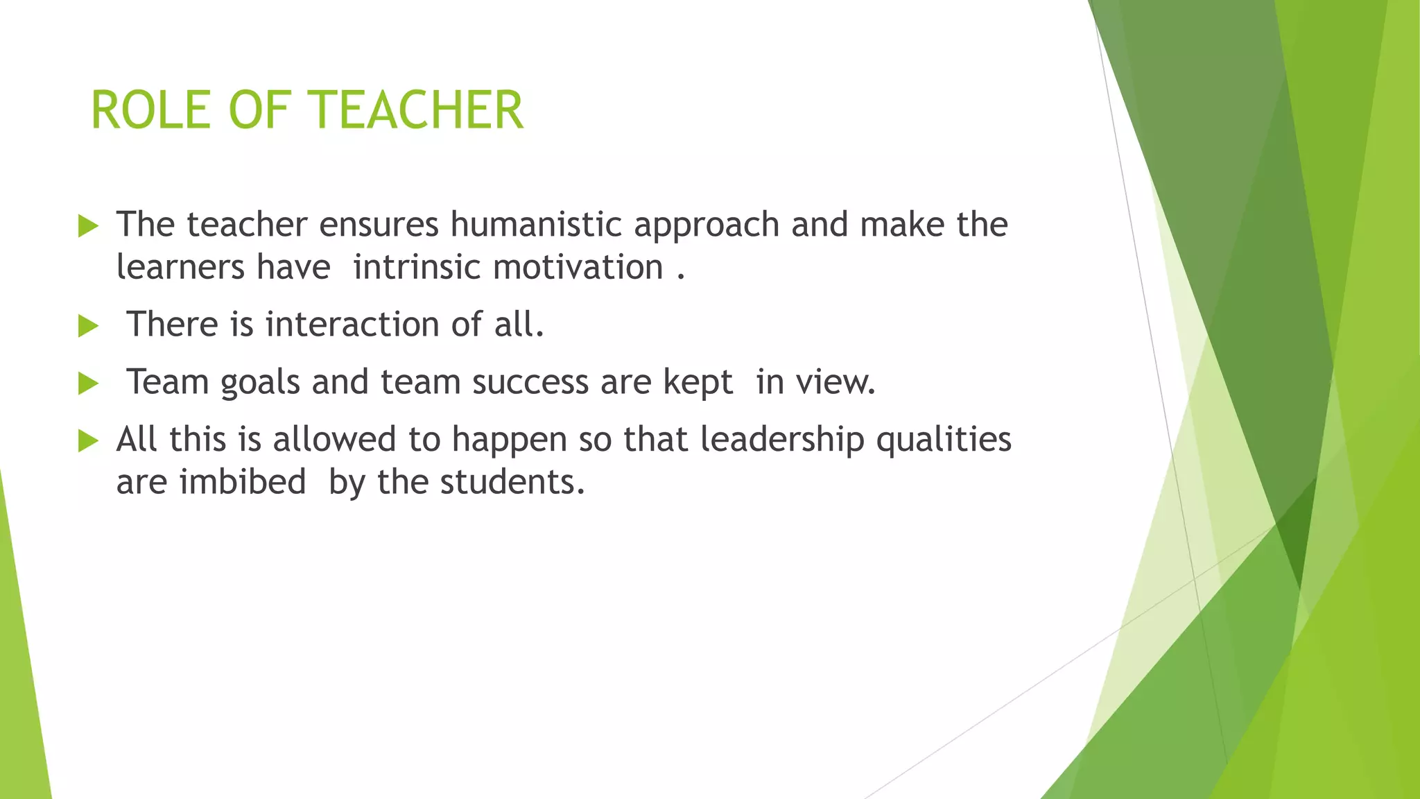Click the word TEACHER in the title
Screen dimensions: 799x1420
pos(415,111)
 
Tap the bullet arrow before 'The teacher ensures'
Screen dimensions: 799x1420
pos(88,226)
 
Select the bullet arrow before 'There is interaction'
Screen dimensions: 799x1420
pos(88,326)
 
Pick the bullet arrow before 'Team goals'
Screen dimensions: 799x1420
pos(88,384)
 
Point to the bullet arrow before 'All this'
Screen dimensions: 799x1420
pos(88,440)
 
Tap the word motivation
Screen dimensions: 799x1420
pos(578,268)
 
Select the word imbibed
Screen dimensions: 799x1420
pos(243,482)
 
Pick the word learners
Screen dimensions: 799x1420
pos(180,268)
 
